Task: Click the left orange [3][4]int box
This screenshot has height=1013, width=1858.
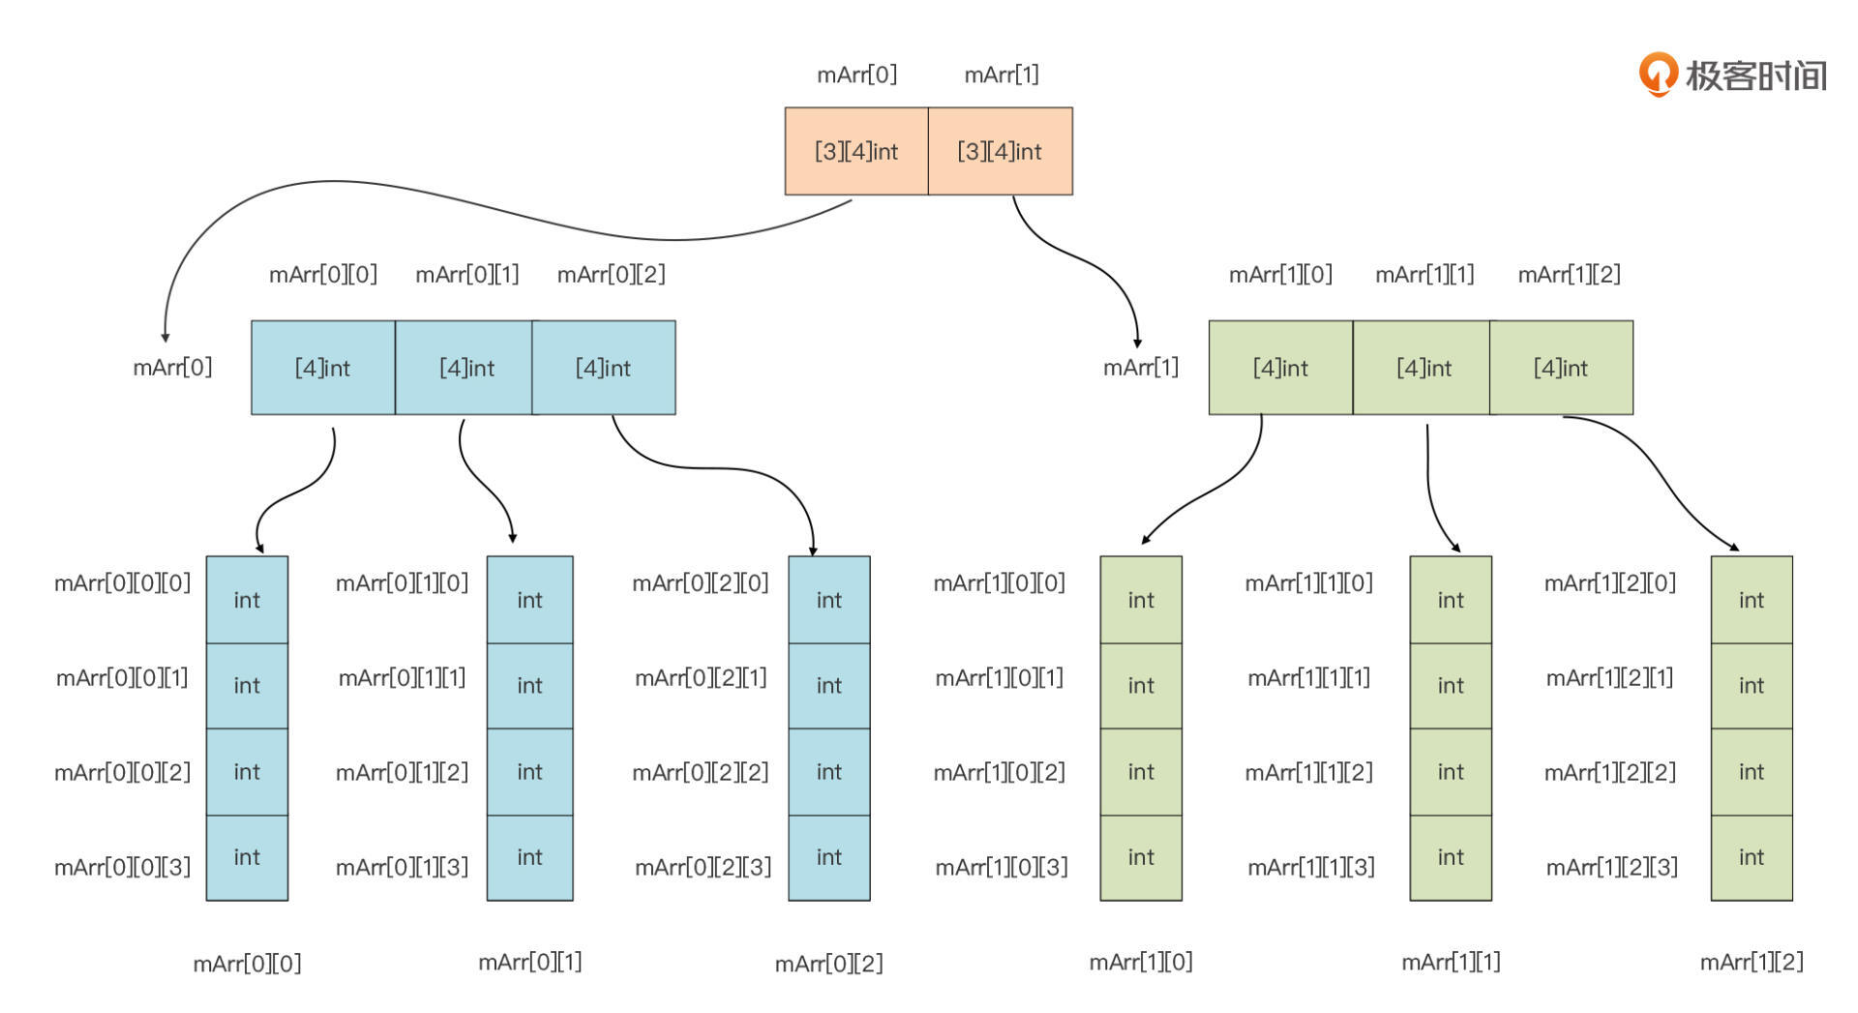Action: (856, 151)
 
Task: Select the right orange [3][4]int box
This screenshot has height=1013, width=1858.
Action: (1000, 151)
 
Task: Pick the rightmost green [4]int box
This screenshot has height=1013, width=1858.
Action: (1561, 368)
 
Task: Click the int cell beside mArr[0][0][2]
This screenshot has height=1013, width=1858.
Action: (247, 771)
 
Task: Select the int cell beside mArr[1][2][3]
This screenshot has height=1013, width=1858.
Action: (1752, 857)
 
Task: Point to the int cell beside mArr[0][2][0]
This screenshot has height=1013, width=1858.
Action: (829, 600)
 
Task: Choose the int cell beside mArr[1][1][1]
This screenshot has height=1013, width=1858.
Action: (1451, 685)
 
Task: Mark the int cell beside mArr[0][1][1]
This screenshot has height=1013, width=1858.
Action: (529, 685)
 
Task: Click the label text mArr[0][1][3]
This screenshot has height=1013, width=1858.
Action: (402, 867)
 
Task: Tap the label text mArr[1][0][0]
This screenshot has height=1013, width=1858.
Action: (999, 582)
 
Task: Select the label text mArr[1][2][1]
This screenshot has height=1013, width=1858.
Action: (1609, 677)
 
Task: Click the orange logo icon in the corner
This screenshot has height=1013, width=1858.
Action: (1658, 74)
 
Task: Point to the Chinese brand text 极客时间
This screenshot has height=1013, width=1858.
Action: (1756, 75)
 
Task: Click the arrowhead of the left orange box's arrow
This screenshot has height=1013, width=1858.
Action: (165, 338)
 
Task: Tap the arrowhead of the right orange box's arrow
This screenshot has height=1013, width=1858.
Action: (1137, 343)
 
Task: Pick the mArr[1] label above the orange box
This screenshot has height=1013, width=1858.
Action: (1002, 74)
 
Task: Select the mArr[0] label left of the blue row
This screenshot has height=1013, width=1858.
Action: (172, 367)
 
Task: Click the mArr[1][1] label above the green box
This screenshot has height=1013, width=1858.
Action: (1424, 275)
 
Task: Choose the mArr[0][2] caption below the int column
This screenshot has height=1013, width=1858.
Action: (828, 964)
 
